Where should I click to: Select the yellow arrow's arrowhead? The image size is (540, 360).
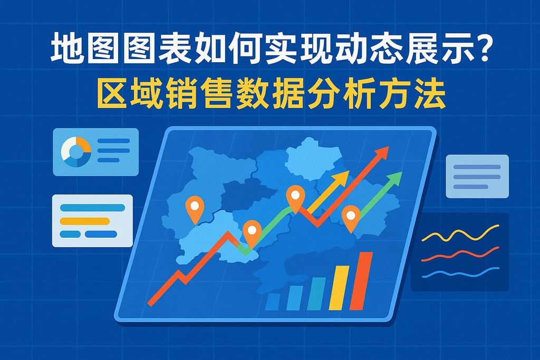[x=342, y=178]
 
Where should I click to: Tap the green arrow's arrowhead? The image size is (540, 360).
[x=395, y=178]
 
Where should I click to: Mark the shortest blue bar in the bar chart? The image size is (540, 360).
[x=273, y=301]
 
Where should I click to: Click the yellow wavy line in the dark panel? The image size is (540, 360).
[x=460, y=235]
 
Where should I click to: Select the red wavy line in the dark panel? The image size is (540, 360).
[x=460, y=255]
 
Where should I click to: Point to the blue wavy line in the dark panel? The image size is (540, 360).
[x=460, y=273]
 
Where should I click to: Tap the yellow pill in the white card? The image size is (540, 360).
[x=84, y=221]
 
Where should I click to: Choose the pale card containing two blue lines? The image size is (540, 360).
[x=477, y=176]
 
